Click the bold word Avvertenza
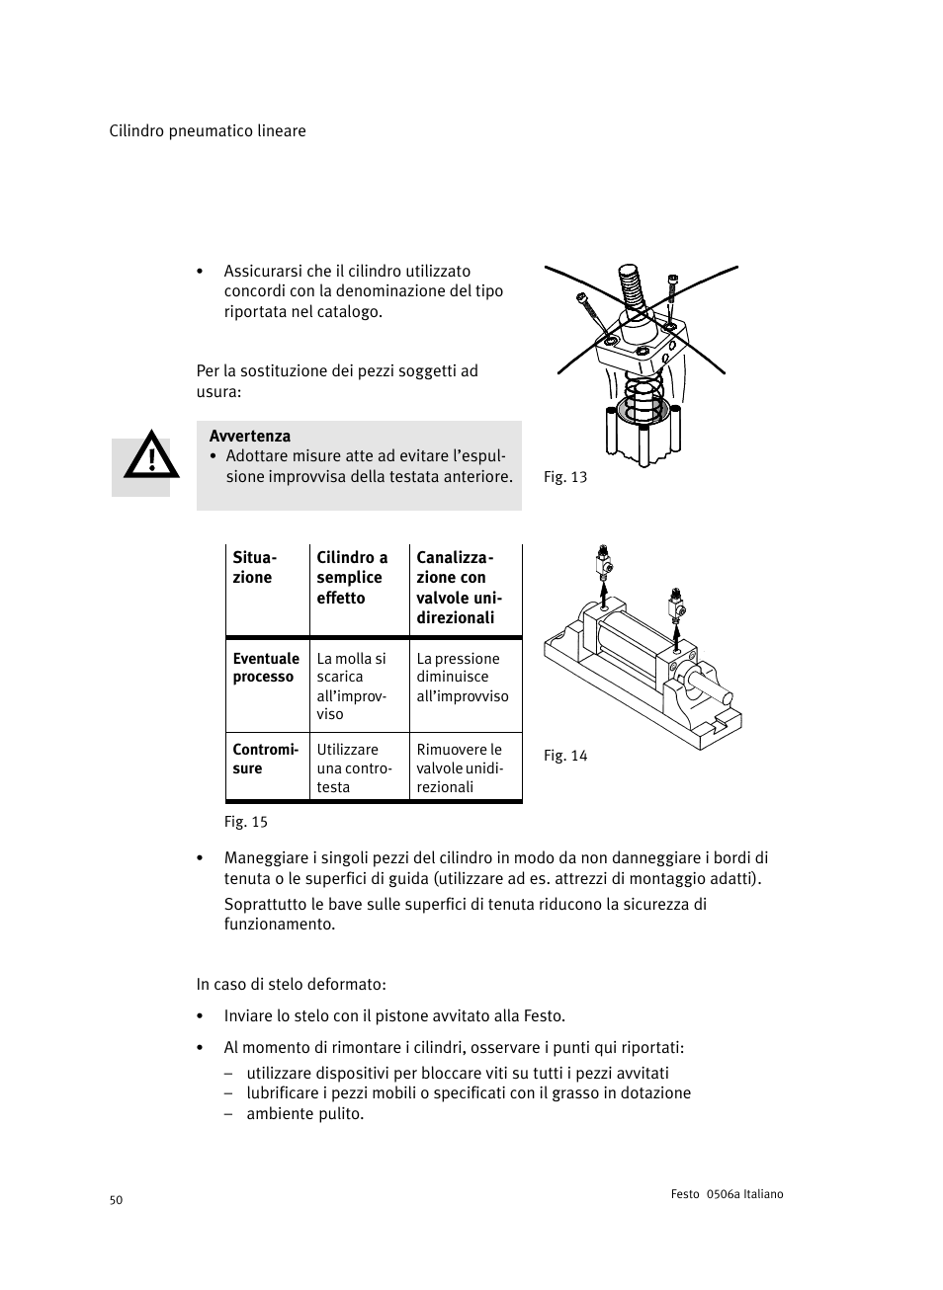pos(250,436)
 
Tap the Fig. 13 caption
pos(565,477)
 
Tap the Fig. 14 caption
pos(565,756)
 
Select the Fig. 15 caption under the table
pos(246,822)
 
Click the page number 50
pos(116,1200)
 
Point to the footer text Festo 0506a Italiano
pos(720,1194)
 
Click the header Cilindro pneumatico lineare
pos(208,131)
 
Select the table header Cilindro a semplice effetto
pos(352,578)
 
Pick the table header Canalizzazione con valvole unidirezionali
pos(459,588)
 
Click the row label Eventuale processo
pos(266,668)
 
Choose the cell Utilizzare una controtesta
pos(354,768)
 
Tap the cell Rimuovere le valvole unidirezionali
pos(460,768)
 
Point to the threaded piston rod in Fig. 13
pos(629,286)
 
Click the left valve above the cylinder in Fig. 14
pos(602,562)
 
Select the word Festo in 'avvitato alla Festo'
pos(543,1016)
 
